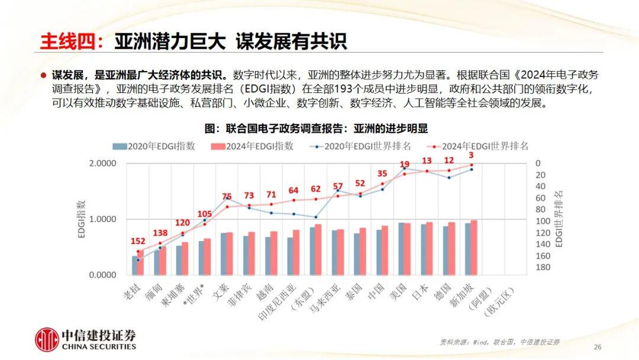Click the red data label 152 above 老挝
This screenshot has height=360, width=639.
pyautogui.click(x=137, y=241)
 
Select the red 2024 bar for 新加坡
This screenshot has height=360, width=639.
pyautogui.click(x=473, y=247)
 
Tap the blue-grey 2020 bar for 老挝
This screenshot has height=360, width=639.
pyautogui.click(x=134, y=265)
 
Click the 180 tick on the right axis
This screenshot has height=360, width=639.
pyautogui.click(x=542, y=267)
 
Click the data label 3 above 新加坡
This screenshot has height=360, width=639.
pyautogui.click(x=472, y=155)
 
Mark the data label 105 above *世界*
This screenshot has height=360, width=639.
pyautogui.click(x=204, y=214)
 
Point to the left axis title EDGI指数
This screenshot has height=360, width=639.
pyautogui.click(x=82, y=219)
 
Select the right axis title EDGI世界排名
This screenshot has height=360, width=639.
pyautogui.click(x=560, y=219)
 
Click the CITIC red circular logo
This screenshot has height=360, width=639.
pyautogui.click(x=47, y=340)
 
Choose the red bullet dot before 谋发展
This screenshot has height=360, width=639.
pyautogui.click(x=43, y=75)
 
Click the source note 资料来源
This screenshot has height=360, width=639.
pyautogui.click(x=499, y=342)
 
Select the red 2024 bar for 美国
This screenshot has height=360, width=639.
pyautogui.click(x=406, y=249)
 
